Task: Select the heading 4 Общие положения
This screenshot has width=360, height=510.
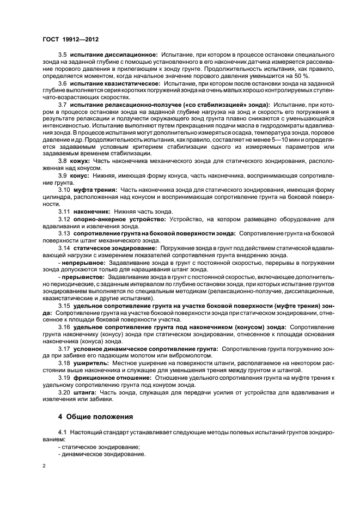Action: click(95, 417)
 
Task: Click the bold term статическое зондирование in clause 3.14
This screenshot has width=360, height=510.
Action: click(114, 248)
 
